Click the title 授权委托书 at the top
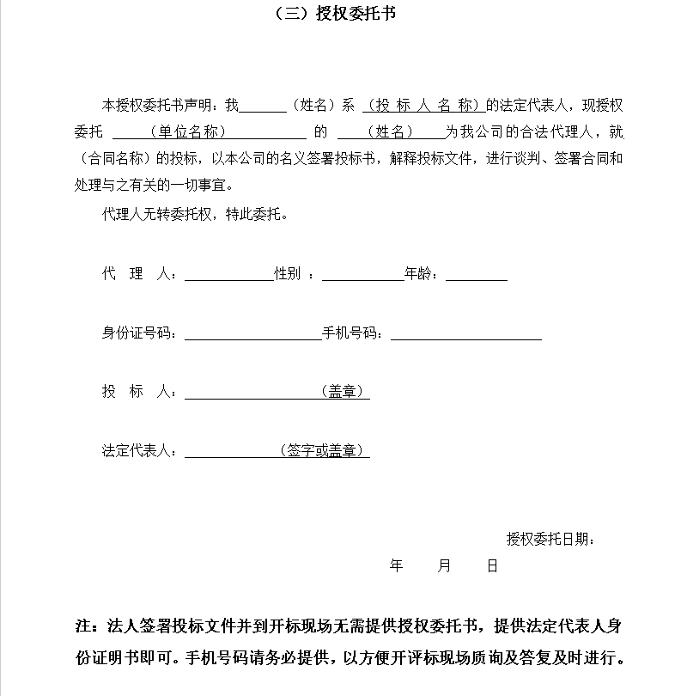pos(344,14)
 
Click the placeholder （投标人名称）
pos(422,107)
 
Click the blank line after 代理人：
pos(228,276)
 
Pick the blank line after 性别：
pos(362,276)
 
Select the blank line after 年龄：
pos(476,276)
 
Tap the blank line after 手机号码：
pos(465,334)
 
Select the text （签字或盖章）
pos(322,450)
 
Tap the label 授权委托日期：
pos(550,540)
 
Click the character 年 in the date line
pos(397,566)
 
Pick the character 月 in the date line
pos(444,566)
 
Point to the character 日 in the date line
pos(492,566)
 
